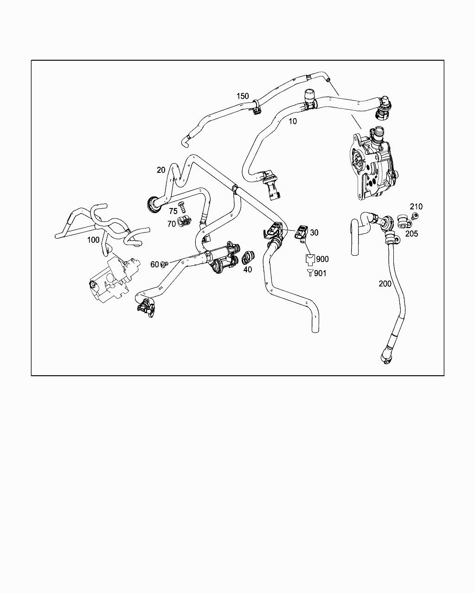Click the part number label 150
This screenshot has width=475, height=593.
243,96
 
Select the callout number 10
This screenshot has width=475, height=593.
293,121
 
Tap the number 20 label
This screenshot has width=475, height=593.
161,170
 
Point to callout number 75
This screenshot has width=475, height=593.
173,211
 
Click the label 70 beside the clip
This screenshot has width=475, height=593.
171,224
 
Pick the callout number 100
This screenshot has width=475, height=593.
93,240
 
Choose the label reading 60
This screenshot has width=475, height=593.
154,265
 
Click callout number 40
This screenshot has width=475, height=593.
248,270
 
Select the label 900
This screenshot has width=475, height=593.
322,259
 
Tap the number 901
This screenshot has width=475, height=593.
320,273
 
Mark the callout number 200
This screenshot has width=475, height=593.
385,284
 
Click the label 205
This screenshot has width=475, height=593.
411,233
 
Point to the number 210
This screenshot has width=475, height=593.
416,207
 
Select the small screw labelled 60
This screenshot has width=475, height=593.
164,265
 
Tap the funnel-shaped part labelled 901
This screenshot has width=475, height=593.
310,272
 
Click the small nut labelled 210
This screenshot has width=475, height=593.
414,215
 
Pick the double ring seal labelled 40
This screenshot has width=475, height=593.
248,258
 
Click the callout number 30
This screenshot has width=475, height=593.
314,233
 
